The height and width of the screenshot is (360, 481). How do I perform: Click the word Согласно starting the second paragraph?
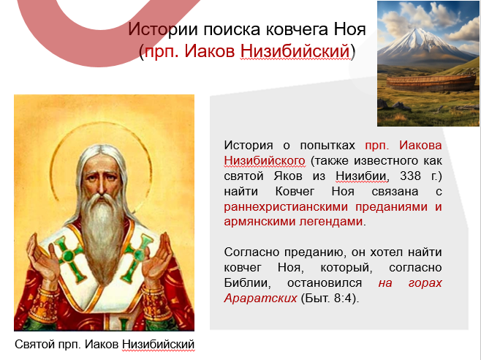(249, 252)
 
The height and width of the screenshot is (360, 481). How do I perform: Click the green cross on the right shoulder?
(135, 252)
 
